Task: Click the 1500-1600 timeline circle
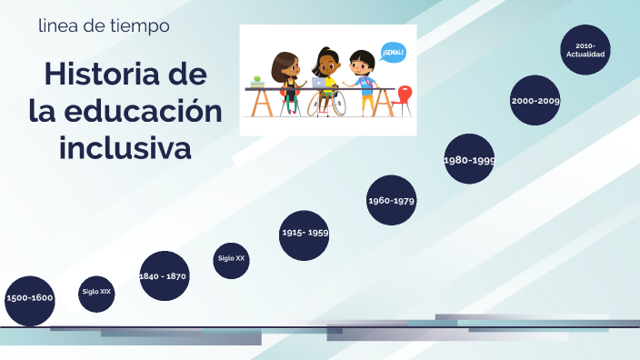click(x=29, y=298)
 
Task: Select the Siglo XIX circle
click(x=96, y=293)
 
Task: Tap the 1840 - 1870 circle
click(x=164, y=275)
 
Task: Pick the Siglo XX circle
click(x=231, y=259)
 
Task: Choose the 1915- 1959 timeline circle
click(x=305, y=234)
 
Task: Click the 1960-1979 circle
click(x=391, y=200)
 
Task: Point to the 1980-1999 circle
click(x=469, y=160)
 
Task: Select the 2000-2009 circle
click(x=535, y=101)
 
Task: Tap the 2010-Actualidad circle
click(x=585, y=50)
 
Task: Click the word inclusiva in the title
click(x=125, y=146)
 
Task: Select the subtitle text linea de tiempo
click(x=104, y=26)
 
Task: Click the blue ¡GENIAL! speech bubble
click(x=393, y=53)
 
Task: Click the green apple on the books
click(x=257, y=79)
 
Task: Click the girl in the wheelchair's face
click(x=326, y=65)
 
